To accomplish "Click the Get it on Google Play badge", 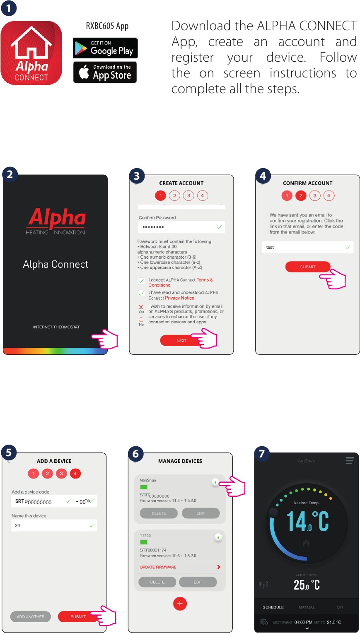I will [x=105, y=48].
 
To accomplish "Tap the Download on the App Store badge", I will [x=105, y=72].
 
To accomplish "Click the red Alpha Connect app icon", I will [x=31, y=53].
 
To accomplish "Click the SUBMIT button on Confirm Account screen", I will [x=307, y=267].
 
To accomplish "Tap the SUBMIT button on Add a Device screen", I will [x=78, y=616].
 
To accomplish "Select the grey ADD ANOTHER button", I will [x=31, y=616].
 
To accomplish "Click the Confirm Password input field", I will [x=181, y=227].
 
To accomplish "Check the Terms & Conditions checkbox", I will [x=142, y=281].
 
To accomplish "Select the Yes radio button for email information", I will [x=141, y=307].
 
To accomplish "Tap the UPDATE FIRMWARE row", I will [x=180, y=567].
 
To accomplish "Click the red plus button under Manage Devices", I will [x=180, y=604].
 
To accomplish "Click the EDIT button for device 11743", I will [x=198, y=582].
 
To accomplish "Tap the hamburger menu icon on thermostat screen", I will [x=350, y=461].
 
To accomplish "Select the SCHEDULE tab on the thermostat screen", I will [x=273, y=607].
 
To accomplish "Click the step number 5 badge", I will [x=9, y=452].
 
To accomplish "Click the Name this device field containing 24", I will [x=54, y=525].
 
